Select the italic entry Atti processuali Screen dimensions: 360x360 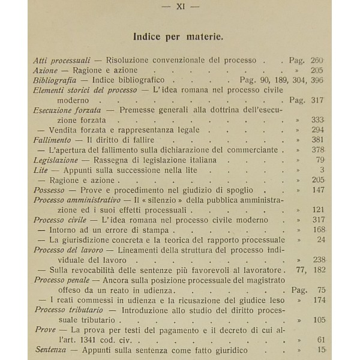pos(61,60)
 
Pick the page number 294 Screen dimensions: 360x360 pos(318,130)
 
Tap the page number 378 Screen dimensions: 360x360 pos(318,149)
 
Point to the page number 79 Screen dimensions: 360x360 pos(320,159)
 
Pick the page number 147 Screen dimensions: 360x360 pos(318,189)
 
